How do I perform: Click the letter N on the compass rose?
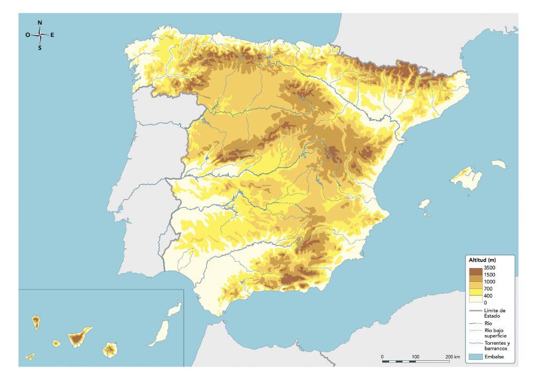(x=40, y=23)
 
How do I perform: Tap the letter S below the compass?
(x=40, y=48)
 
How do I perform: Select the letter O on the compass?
(x=27, y=35)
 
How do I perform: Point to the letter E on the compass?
(x=52, y=35)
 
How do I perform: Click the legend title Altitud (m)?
(x=482, y=260)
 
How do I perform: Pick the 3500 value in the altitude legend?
(x=489, y=267)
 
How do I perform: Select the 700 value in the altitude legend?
(x=488, y=289)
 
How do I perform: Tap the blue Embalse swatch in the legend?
(x=475, y=355)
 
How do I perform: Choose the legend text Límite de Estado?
(x=495, y=313)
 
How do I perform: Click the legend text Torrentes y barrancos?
(x=496, y=345)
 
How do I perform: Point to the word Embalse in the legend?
(x=494, y=356)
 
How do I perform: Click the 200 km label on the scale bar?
(x=452, y=357)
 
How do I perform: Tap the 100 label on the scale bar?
(x=415, y=357)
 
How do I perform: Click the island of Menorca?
(x=498, y=164)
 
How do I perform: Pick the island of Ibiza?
(x=424, y=204)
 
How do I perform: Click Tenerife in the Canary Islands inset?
(x=79, y=338)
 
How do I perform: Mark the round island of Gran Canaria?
(x=110, y=350)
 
